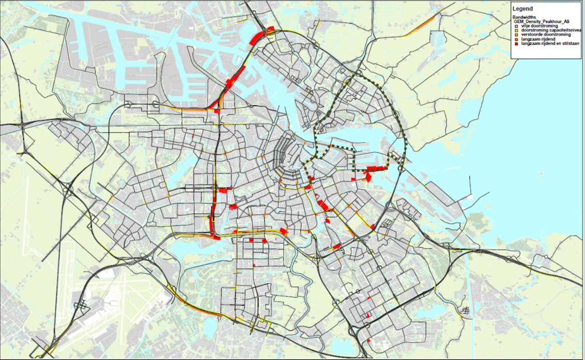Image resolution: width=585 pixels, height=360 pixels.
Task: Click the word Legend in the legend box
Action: (x=522, y=9)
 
